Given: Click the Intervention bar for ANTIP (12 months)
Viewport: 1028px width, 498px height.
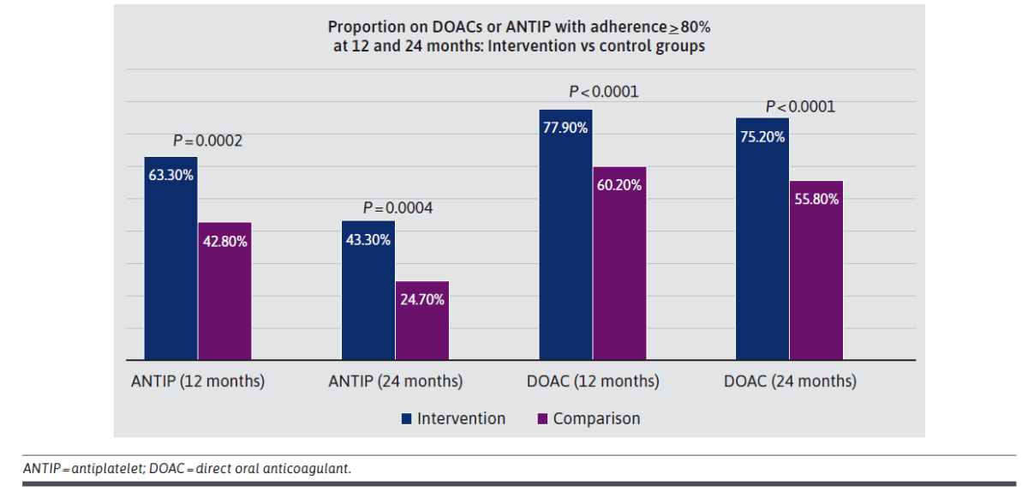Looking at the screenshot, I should point(170,258).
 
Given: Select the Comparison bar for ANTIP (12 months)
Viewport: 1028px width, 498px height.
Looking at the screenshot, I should point(224,291).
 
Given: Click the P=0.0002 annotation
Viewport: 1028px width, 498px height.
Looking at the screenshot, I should point(207,141).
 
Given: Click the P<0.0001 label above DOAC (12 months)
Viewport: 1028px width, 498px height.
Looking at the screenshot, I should point(604,92).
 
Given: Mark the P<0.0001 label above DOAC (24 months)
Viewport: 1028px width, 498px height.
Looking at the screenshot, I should point(800,107).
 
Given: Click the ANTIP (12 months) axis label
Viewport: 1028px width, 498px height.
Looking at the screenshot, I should point(198,381).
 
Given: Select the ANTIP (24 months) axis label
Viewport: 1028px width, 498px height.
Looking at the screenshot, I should point(395,381).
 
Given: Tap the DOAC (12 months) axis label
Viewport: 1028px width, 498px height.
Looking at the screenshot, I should point(593,381).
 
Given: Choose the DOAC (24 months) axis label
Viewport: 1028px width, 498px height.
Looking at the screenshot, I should point(790,381).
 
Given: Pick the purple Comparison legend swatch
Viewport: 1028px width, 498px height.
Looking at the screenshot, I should point(541,419).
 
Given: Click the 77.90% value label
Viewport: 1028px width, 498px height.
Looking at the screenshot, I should point(565,127).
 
